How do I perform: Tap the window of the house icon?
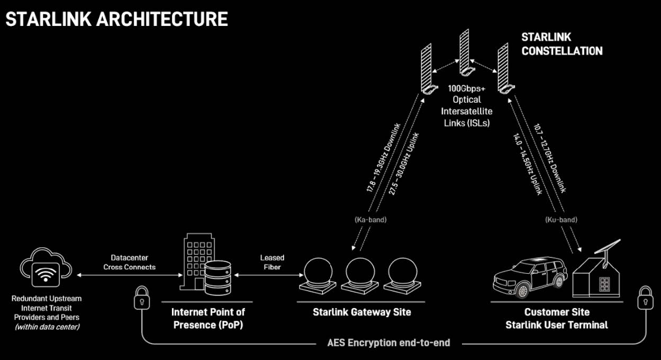point(604,284)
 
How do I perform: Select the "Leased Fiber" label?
point(272,262)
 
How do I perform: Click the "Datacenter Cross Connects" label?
point(129,262)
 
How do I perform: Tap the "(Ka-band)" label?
point(370,219)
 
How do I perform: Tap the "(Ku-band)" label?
point(561,219)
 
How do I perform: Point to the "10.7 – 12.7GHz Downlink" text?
point(550,159)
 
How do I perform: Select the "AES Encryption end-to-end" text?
point(388,343)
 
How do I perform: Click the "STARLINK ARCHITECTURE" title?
point(116,19)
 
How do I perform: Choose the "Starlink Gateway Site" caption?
point(361,312)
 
